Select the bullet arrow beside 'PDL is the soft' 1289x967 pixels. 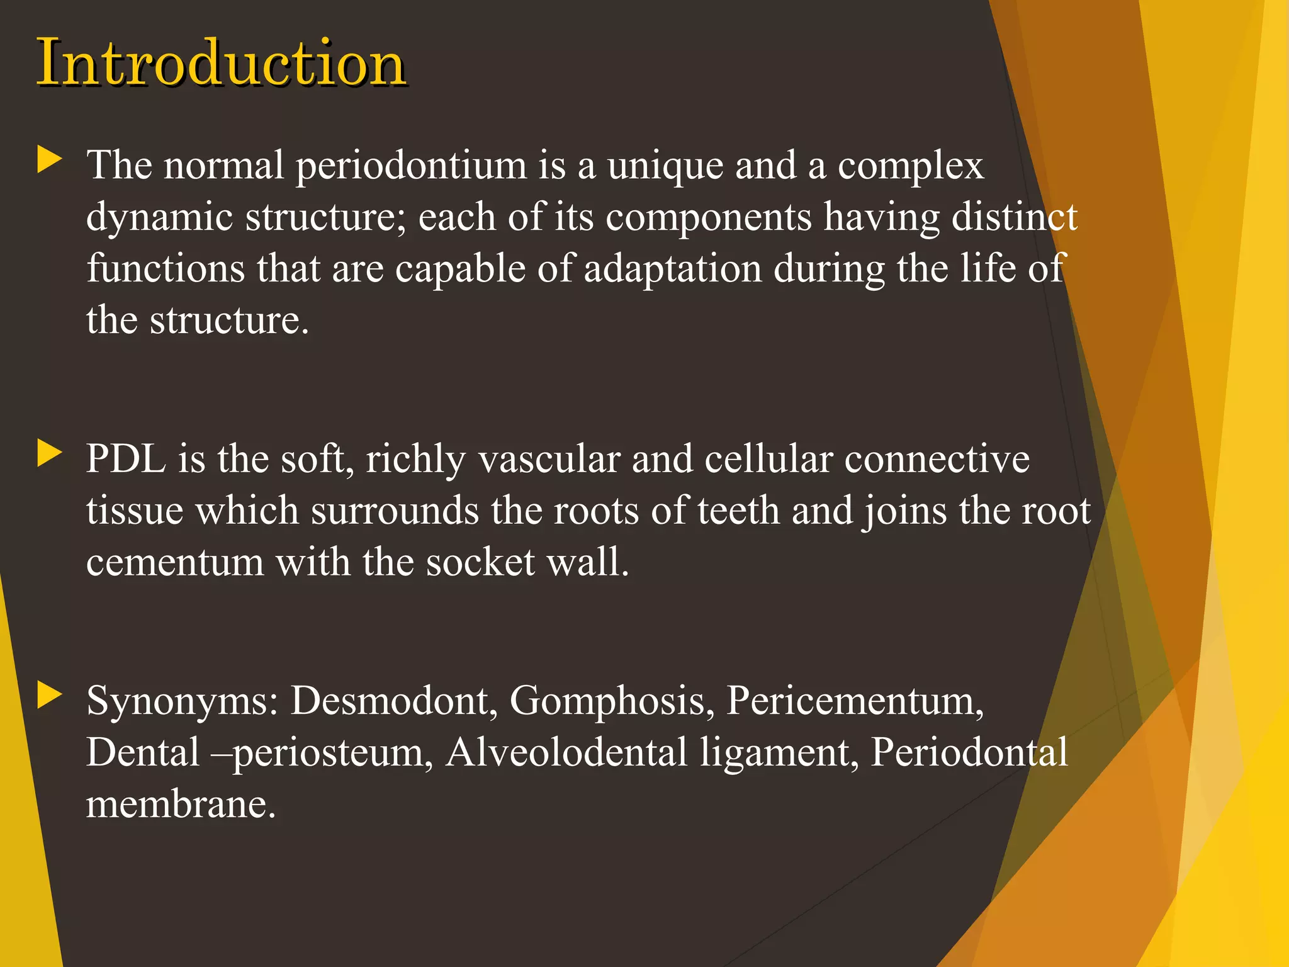click(x=50, y=453)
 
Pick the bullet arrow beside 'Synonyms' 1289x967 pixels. click(x=50, y=695)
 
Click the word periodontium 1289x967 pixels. click(x=411, y=167)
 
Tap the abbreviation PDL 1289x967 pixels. click(x=126, y=459)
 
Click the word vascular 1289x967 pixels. click(x=549, y=459)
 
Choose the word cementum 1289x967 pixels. click(x=174, y=562)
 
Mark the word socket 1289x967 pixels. click(x=480, y=562)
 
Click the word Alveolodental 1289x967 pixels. click(x=566, y=752)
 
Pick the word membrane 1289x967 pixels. click(x=181, y=805)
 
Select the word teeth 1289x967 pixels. click(x=738, y=511)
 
